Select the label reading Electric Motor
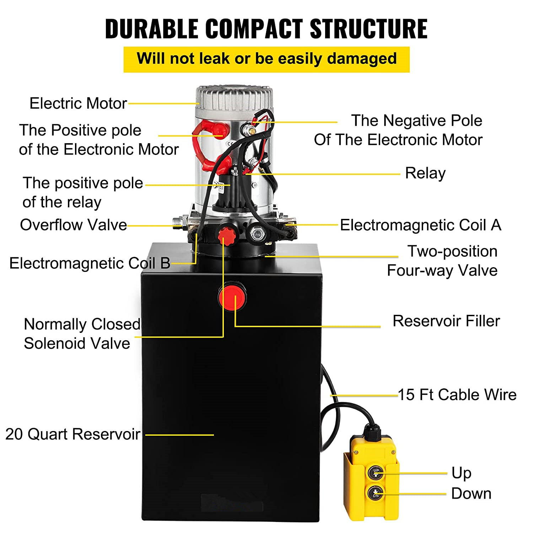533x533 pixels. coord(78,103)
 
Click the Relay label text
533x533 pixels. coord(425,173)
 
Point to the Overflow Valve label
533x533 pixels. coord(73,225)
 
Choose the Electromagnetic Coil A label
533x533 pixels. coord(420,225)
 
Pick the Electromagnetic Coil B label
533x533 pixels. coord(90,263)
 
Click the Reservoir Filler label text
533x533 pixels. coord(446,321)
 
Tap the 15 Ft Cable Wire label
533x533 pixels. coord(457,395)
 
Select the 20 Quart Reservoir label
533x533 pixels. coord(73,434)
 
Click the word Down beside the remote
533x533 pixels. coord(471,494)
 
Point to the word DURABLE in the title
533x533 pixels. coord(151,28)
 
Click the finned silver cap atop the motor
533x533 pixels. coord(235,97)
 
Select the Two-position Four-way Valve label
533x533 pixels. coord(442,261)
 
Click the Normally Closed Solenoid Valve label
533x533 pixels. coord(82,334)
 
